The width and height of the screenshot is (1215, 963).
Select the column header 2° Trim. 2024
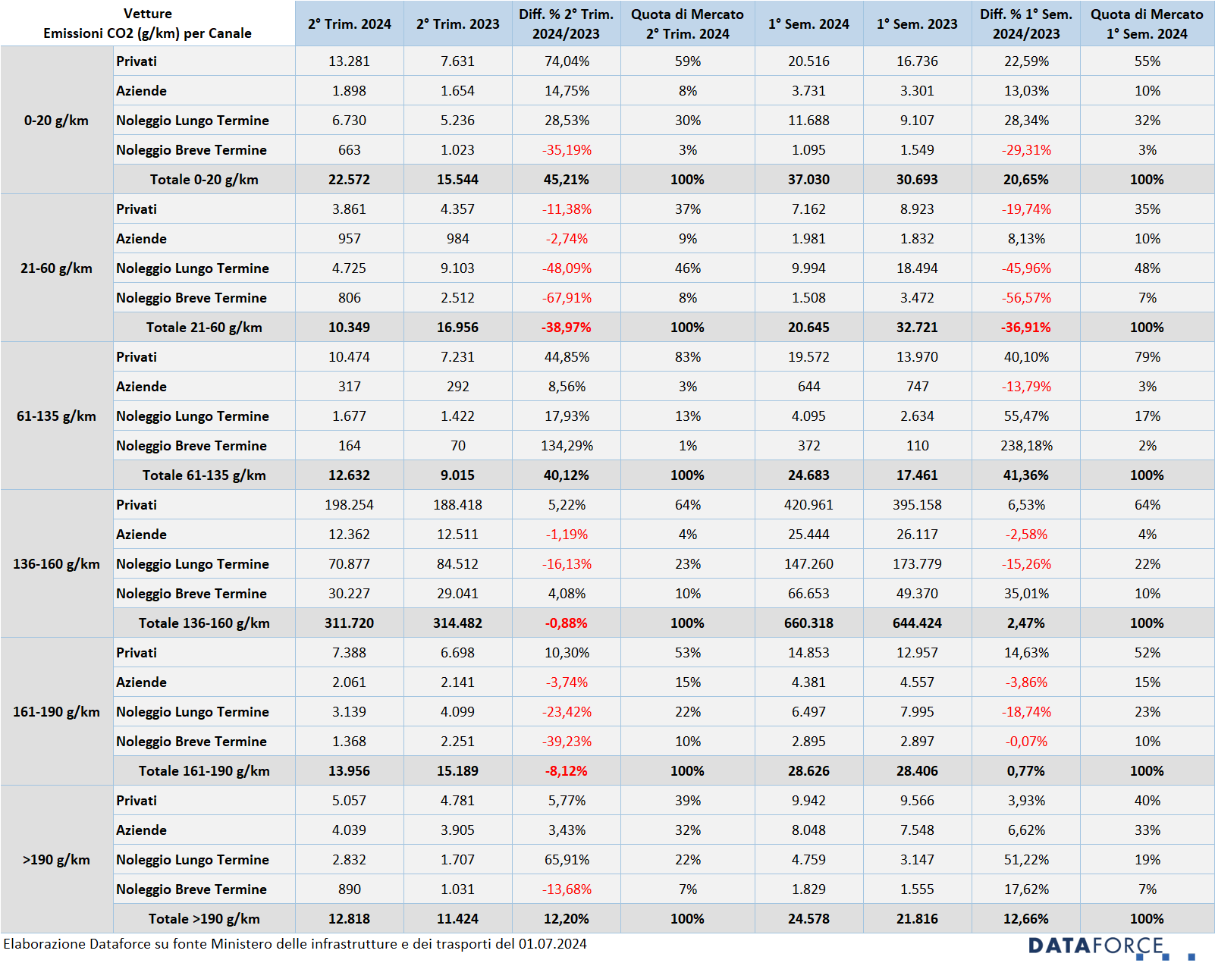tap(349, 24)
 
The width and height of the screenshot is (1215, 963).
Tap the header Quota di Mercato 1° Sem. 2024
tap(1147, 24)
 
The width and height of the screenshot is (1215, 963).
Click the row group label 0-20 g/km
tap(56, 121)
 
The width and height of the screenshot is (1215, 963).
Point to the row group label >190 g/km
tap(56, 860)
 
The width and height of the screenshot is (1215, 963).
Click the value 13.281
tap(349, 61)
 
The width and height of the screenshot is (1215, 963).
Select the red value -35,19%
tap(567, 150)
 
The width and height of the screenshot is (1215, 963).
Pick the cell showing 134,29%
tap(567, 446)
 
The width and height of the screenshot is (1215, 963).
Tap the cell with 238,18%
tap(1026, 446)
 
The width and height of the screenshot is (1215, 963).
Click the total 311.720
tap(349, 623)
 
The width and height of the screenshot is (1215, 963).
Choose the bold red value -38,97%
tap(567, 328)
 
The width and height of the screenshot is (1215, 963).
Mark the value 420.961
tap(808, 505)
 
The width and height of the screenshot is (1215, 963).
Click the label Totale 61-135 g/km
tap(204, 475)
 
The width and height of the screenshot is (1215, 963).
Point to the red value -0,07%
tap(1026, 741)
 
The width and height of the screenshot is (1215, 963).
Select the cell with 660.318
tap(808, 623)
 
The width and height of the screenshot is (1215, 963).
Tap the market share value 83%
tap(687, 356)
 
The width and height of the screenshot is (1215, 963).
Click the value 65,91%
tap(567, 860)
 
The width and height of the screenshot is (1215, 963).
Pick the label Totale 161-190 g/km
tap(204, 771)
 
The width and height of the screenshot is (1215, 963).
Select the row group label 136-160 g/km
tap(56, 564)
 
